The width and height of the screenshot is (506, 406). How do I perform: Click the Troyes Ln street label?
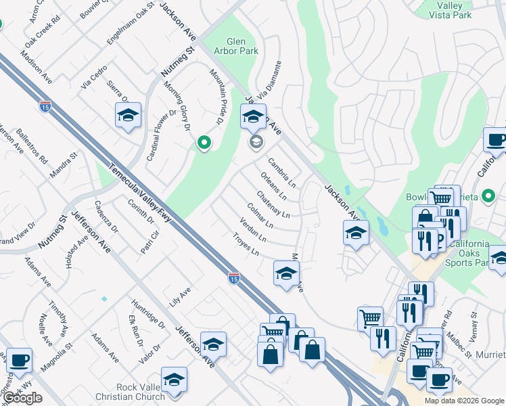(x=246, y=244)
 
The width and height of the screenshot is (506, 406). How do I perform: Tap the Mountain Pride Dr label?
(x=216, y=97)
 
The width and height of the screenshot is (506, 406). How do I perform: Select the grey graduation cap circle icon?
(x=256, y=141)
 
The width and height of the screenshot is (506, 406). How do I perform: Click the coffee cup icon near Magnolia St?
(x=20, y=359)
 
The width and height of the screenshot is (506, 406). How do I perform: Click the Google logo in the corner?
(x=22, y=398)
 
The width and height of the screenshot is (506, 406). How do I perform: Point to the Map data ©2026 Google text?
(x=463, y=401)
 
